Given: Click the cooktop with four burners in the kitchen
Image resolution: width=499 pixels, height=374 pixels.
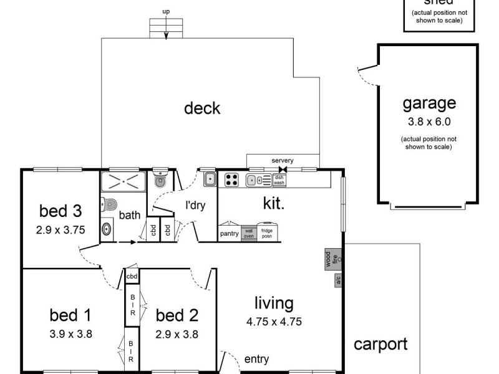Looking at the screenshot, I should [231, 180].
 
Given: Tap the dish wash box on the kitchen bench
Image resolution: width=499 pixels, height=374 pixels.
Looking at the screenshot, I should [279, 180].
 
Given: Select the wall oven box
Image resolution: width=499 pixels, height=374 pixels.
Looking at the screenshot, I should [248, 233].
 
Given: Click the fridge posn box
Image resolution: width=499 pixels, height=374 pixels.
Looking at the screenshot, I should [266, 233].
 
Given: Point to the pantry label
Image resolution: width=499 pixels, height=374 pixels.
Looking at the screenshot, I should [229, 234].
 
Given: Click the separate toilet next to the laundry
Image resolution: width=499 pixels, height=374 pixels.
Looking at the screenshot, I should [160, 181].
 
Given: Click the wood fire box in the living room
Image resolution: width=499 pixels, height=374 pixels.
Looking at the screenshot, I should [329, 259].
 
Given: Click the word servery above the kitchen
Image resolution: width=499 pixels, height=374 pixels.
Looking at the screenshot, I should [282, 160].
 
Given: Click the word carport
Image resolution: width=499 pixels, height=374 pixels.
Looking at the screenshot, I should [380, 344].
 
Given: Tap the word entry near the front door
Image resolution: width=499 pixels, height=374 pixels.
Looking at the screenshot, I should [257, 359].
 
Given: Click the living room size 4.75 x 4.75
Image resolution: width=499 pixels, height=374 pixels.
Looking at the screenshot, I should [274, 323].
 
